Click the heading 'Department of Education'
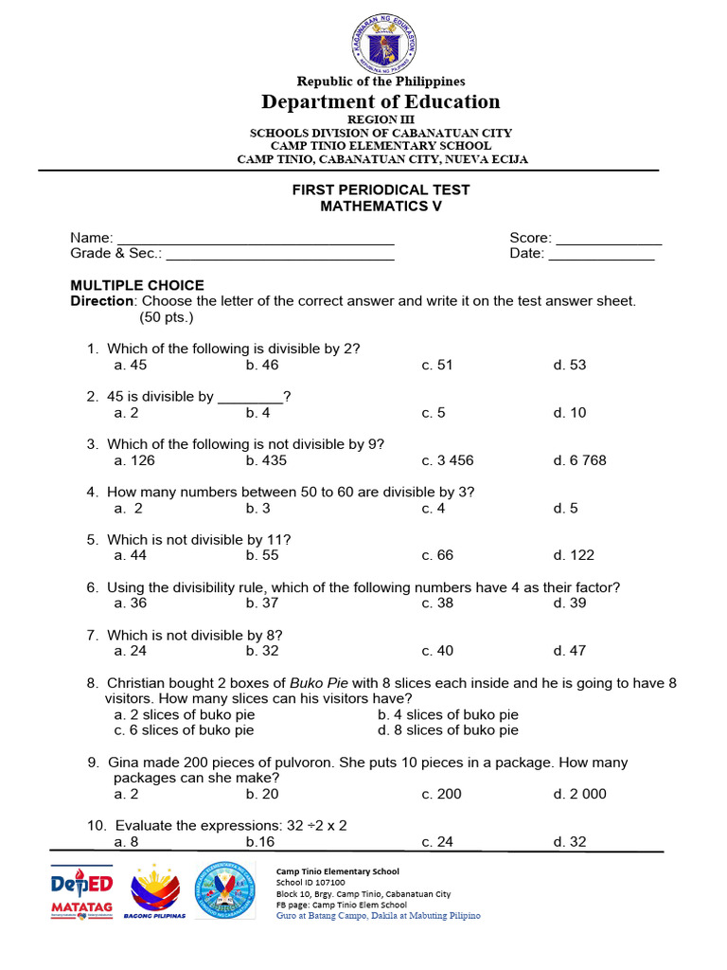pos(381,101)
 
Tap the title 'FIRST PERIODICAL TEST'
pos(381,189)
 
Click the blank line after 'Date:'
pos(601,254)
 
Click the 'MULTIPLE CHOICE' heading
pos(137,285)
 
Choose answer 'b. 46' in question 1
pos(262,365)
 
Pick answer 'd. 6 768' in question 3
pos(579,460)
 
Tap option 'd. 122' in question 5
pos(574,555)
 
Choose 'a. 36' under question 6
pos(131,602)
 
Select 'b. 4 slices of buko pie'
pos(448,715)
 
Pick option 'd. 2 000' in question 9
pos(579,794)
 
